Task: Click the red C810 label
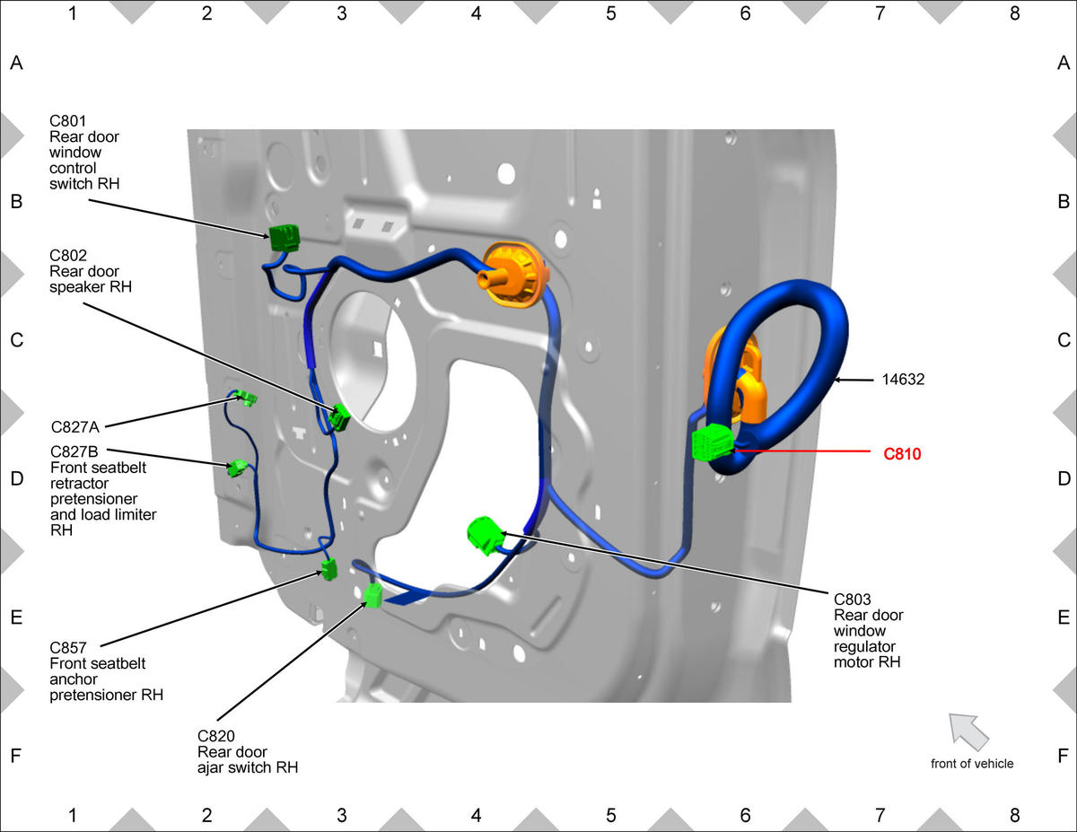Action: [902, 454]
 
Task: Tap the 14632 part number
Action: [903, 380]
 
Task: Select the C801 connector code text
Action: [68, 121]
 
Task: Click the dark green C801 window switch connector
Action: [285, 238]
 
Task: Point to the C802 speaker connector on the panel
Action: [340, 417]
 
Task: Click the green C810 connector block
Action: [713, 442]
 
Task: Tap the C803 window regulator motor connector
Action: [485, 535]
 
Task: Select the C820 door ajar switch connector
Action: [373, 595]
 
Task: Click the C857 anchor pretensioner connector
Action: [329, 569]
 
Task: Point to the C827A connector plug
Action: [245, 398]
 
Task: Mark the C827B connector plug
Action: [238, 468]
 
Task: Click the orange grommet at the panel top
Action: [513, 275]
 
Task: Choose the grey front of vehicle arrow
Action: [968, 731]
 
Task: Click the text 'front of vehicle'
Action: [972, 764]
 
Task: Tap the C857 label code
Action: [68, 648]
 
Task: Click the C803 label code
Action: [852, 600]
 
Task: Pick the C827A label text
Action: [75, 427]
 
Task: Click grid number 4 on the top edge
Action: [477, 13]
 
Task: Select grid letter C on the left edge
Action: [16, 340]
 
